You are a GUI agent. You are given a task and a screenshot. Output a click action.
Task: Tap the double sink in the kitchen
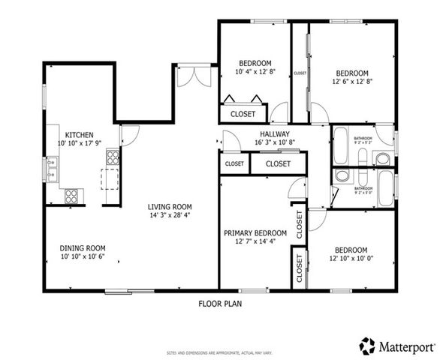point(53,169)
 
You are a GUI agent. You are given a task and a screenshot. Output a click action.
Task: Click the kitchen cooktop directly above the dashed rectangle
point(113,157)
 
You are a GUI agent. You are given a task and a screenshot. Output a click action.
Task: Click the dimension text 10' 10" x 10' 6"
point(83,256)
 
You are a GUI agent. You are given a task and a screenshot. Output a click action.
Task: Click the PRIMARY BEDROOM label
point(255,233)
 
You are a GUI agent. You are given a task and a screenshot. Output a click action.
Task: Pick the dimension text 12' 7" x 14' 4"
point(255,241)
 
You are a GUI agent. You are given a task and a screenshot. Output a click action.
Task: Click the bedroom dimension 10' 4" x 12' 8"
point(255,73)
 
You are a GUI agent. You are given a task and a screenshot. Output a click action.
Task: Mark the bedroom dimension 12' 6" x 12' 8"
point(351,82)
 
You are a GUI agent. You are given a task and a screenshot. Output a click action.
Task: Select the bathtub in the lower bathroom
point(387,188)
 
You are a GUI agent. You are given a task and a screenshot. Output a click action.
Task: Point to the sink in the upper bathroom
point(383,158)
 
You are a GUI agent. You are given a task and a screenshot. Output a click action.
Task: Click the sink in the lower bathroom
point(342,176)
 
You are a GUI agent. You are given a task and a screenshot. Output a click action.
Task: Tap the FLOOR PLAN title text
point(220,304)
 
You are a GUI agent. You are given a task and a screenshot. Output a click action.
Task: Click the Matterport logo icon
point(367,346)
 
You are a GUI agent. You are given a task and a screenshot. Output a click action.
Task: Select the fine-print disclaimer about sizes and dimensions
point(219,351)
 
